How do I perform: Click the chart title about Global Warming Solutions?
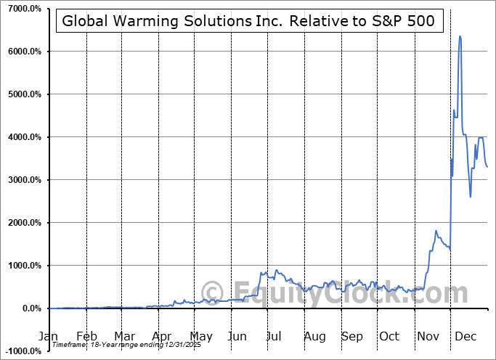tap(249, 21)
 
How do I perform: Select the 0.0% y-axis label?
tap(30, 308)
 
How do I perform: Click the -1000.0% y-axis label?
tap(21, 351)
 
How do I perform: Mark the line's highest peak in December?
tap(460, 36)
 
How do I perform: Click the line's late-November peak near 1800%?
tap(436, 231)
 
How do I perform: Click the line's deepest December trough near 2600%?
tap(471, 197)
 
